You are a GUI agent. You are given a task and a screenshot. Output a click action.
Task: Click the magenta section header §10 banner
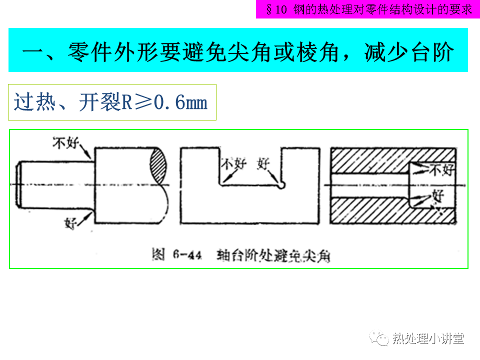pos(368,9)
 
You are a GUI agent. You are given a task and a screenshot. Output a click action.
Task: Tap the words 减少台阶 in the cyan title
pos(409,52)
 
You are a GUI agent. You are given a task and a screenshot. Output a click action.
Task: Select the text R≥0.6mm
pos(164,102)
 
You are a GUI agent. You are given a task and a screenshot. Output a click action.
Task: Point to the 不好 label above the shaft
pos(65,142)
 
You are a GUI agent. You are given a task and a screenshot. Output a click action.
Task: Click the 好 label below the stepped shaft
pos(70,223)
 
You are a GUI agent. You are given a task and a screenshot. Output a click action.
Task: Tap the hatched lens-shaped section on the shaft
pos(158,165)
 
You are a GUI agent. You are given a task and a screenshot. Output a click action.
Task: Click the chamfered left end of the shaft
pos(18,184)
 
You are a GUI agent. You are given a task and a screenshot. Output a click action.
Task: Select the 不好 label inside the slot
pos(234,164)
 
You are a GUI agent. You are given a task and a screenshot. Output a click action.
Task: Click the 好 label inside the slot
pos(263,164)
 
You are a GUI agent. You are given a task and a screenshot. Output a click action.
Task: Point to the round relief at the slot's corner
pos(281,185)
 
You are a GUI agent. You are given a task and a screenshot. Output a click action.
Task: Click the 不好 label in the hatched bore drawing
pos(442,169)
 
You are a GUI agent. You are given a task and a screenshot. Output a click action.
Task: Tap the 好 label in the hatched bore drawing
pos(438,195)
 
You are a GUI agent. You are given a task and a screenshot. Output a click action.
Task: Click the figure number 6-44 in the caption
pos(187,254)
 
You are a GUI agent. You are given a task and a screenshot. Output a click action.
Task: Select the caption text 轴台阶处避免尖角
pos(273,255)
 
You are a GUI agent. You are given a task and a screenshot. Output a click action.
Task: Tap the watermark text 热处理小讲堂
pos(428,338)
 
